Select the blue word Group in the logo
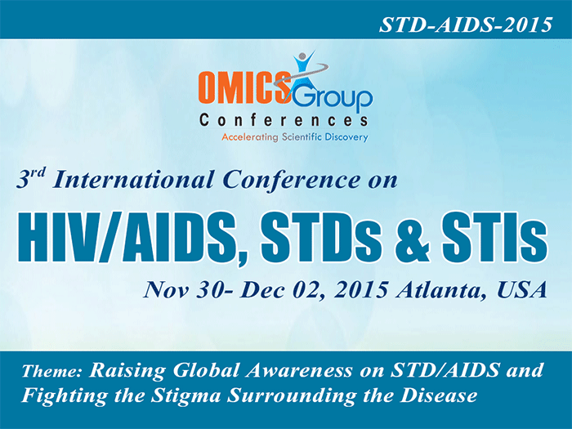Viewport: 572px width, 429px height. pyautogui.click(x=336, y=97)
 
